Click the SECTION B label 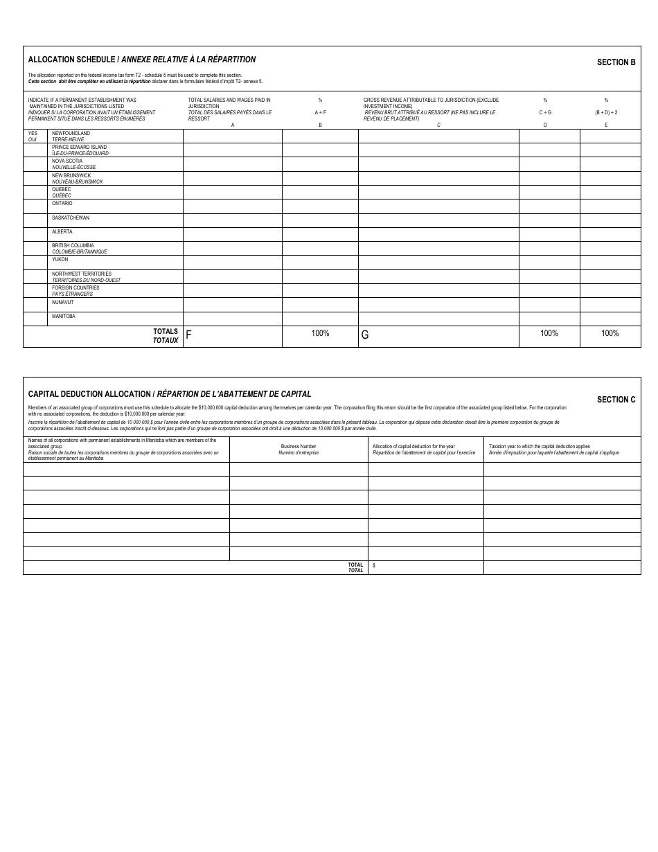(x=616, y=62)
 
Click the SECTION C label (x=616, y=400)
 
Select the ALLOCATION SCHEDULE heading (x=141, y=60)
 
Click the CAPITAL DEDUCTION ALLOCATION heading (x=169, y=394)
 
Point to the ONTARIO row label (x=62, y=204)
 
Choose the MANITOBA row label (x=63, y=317)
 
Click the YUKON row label (x=60, y=260)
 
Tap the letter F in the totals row (x=188, y=335)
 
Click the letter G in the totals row (x=365, y=335)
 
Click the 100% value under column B (x=320, y=333)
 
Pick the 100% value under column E (x=610, y=333)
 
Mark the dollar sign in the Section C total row (x=374, y=565)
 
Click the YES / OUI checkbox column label (x=33, y=136)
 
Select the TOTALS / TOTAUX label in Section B (x=166, y=336)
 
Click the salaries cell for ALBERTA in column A (x=232, y=234)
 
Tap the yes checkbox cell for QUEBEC (x=35, y=192)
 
